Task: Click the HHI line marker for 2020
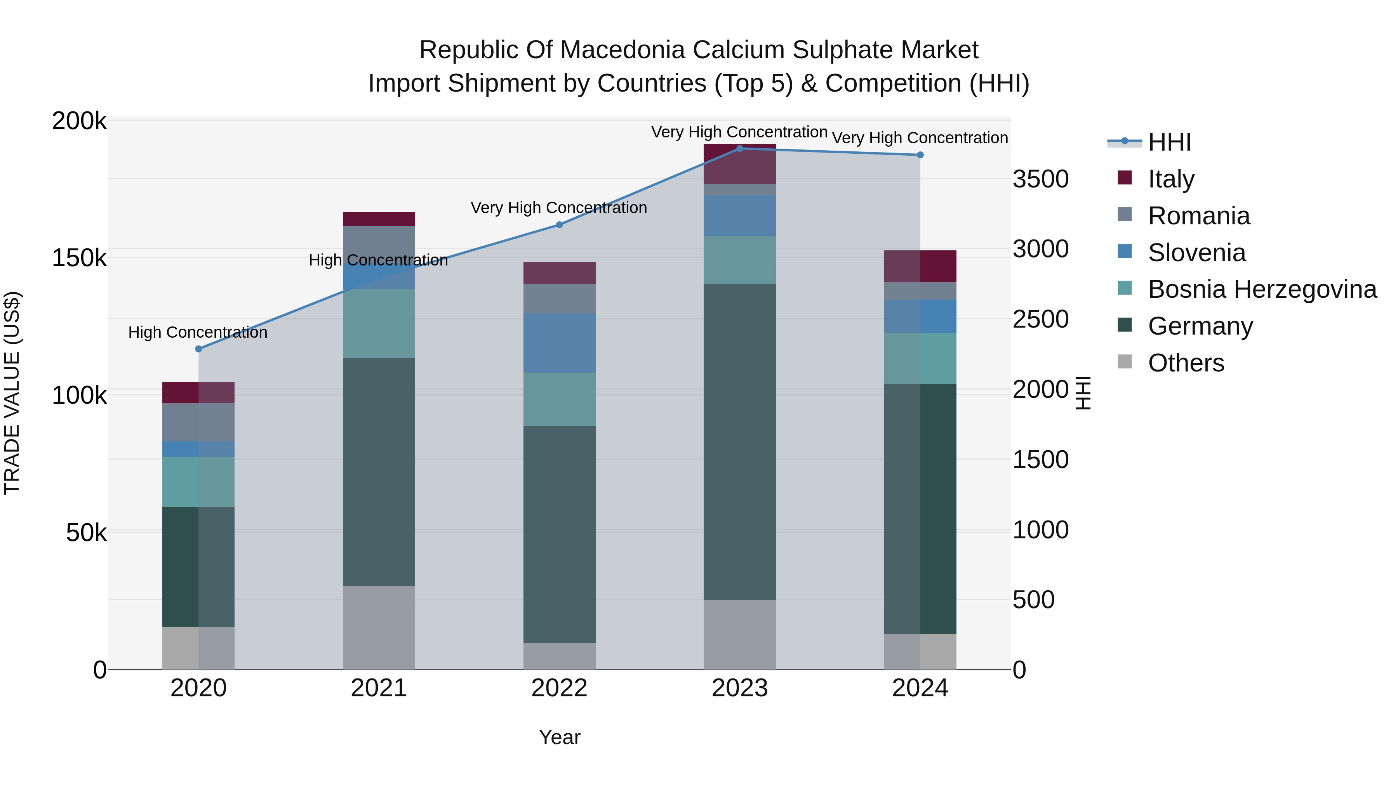click(198, 349)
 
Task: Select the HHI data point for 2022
click(560, 225)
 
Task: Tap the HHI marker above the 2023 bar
click(740, 148)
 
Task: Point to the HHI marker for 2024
click(920, 155)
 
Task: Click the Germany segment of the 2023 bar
click(740, 442)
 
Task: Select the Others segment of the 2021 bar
click(379, 627)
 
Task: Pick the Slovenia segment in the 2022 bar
click(560, 343)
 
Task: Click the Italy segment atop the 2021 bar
click(379, 219)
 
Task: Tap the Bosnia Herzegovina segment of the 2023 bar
click(740, 260)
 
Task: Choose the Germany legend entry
click(1200, 326)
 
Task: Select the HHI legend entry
click(1170, 142)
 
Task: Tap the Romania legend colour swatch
click(1125, 215)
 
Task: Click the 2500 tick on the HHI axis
click(1040, 319)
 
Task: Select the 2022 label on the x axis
click(560, 688)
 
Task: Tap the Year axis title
click(560, 737)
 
